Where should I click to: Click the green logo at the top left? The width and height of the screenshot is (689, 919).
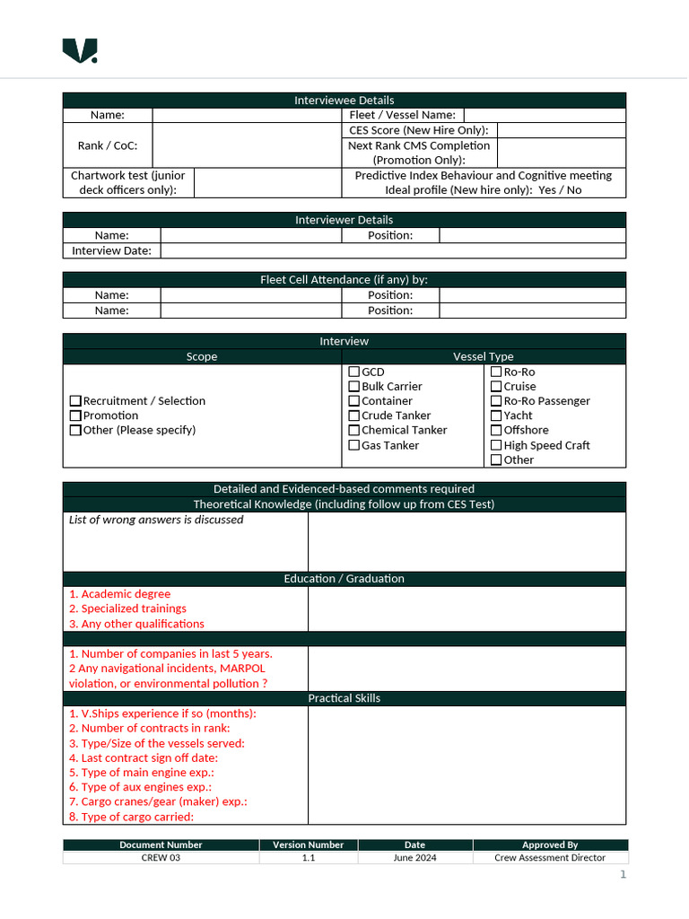coord(80,51)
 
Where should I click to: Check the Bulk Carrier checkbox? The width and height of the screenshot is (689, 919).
coord(354,387)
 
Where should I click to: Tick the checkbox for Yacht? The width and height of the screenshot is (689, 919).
coord(496,416)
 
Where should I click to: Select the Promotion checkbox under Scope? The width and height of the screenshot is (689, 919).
coord(75,416)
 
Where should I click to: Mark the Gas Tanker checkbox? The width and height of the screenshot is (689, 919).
coord(354,445)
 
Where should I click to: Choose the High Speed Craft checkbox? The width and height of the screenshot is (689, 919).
coord(496,445)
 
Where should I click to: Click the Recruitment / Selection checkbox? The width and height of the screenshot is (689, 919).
coord(75,401)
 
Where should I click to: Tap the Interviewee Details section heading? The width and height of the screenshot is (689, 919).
coord(344,101)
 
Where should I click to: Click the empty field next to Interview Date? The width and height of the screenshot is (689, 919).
coord(393,251)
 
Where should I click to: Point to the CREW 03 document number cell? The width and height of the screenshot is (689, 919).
coord(161,858)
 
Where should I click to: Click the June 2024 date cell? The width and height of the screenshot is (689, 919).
coord(414,858)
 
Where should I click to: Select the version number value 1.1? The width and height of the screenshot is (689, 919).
coord(308,858)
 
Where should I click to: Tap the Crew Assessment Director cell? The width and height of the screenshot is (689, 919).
coord(549,858)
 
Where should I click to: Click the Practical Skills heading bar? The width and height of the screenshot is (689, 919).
coord(344,698)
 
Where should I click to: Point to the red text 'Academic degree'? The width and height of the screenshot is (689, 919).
coord(125,594)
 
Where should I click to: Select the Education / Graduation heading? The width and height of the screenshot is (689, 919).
coord(344,579)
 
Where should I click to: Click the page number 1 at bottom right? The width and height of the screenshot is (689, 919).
coord(623,875)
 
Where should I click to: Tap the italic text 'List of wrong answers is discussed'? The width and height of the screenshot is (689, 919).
coord(156,520)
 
